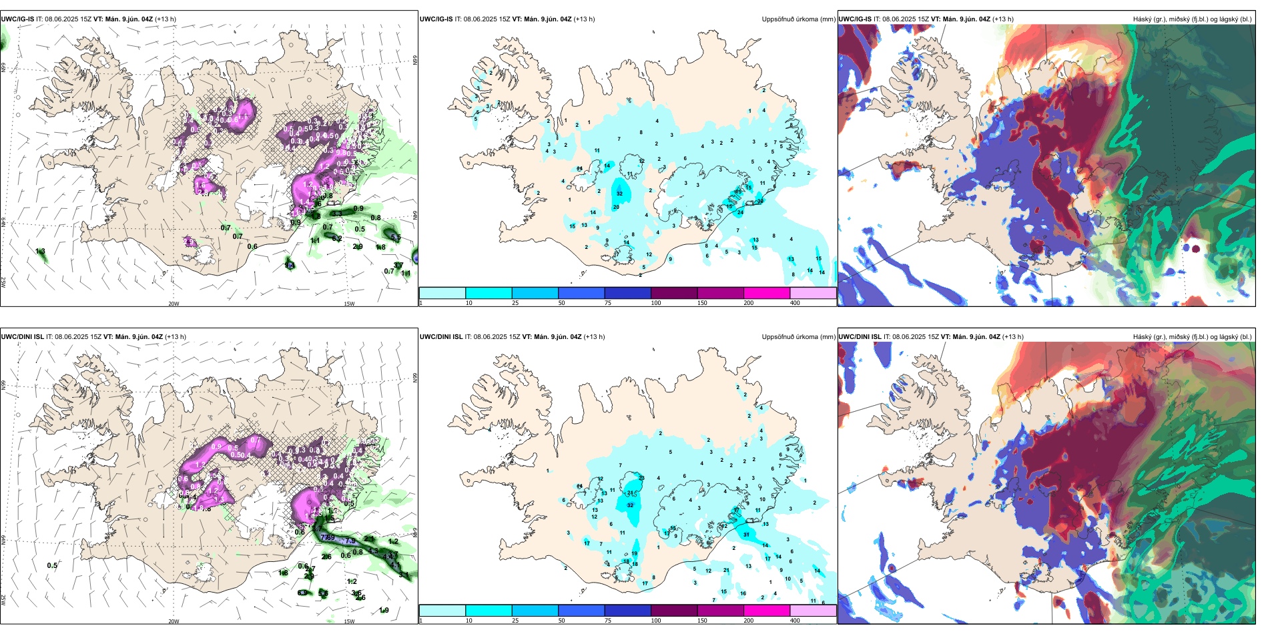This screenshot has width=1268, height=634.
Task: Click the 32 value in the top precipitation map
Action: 620,194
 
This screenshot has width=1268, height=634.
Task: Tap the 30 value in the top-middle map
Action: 760,201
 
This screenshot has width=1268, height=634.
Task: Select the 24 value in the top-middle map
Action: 740,213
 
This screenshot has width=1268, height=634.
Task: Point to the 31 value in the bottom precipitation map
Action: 746,535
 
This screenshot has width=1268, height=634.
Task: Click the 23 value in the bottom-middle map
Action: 641,478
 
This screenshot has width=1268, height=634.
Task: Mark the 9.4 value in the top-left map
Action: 290,266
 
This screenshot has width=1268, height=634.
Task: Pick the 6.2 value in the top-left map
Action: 337,238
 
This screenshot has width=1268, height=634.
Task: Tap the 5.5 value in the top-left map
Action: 396,238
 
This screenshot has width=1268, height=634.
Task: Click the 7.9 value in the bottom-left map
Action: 350,541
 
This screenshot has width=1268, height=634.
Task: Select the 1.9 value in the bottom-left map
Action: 384,611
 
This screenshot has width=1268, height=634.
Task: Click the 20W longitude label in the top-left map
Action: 174,304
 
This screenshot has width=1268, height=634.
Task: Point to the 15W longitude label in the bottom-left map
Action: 348,621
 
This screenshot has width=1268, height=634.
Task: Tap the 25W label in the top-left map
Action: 3,282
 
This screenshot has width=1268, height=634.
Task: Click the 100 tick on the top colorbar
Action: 656,303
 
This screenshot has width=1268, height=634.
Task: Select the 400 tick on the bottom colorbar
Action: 795,621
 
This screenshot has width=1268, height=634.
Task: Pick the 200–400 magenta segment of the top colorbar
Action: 767,293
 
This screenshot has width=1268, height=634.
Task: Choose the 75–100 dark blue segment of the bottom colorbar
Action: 627,611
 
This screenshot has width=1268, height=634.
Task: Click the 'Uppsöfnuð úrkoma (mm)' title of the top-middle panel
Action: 798,19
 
